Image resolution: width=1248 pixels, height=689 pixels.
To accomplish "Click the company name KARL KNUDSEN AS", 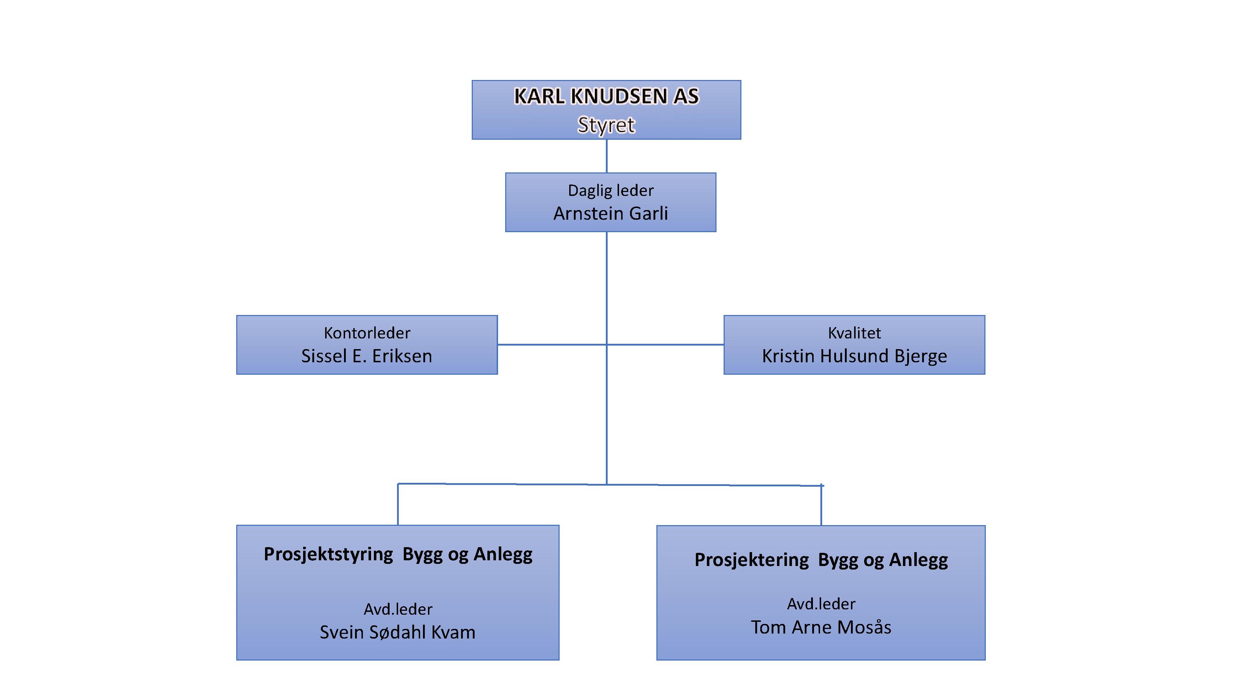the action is [607, 96].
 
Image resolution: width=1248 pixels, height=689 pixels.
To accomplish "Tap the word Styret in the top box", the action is [606, 125].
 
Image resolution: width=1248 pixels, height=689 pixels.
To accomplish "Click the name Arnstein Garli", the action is [610, 213].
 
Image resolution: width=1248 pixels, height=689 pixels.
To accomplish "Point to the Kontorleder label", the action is [367, 333].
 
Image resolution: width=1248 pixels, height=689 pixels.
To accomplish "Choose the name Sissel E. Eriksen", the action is [367, 356].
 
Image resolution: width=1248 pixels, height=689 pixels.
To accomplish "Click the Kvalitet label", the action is [854, 333].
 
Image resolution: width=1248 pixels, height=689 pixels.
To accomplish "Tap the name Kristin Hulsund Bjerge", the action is [854, 356].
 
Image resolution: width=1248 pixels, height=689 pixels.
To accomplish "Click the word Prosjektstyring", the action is [328, 554].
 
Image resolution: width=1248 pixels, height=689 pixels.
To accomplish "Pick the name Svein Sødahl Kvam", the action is [397, 632].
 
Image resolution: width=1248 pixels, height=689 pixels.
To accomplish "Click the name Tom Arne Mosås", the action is [821, 627].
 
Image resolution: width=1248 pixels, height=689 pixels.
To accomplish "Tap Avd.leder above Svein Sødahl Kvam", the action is [398, 609].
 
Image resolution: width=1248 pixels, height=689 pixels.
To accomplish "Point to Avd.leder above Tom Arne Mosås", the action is [821, 604].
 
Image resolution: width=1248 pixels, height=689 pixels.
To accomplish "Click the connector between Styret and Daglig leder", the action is [607, 156].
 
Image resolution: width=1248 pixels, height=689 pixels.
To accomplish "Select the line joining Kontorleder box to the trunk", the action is [552, 345].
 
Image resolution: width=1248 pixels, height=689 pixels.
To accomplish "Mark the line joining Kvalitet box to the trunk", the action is [665, 345].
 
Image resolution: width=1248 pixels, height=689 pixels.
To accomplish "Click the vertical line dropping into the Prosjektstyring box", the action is [398, 504].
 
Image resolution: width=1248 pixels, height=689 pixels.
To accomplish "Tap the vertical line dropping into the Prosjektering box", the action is [821, 505].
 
